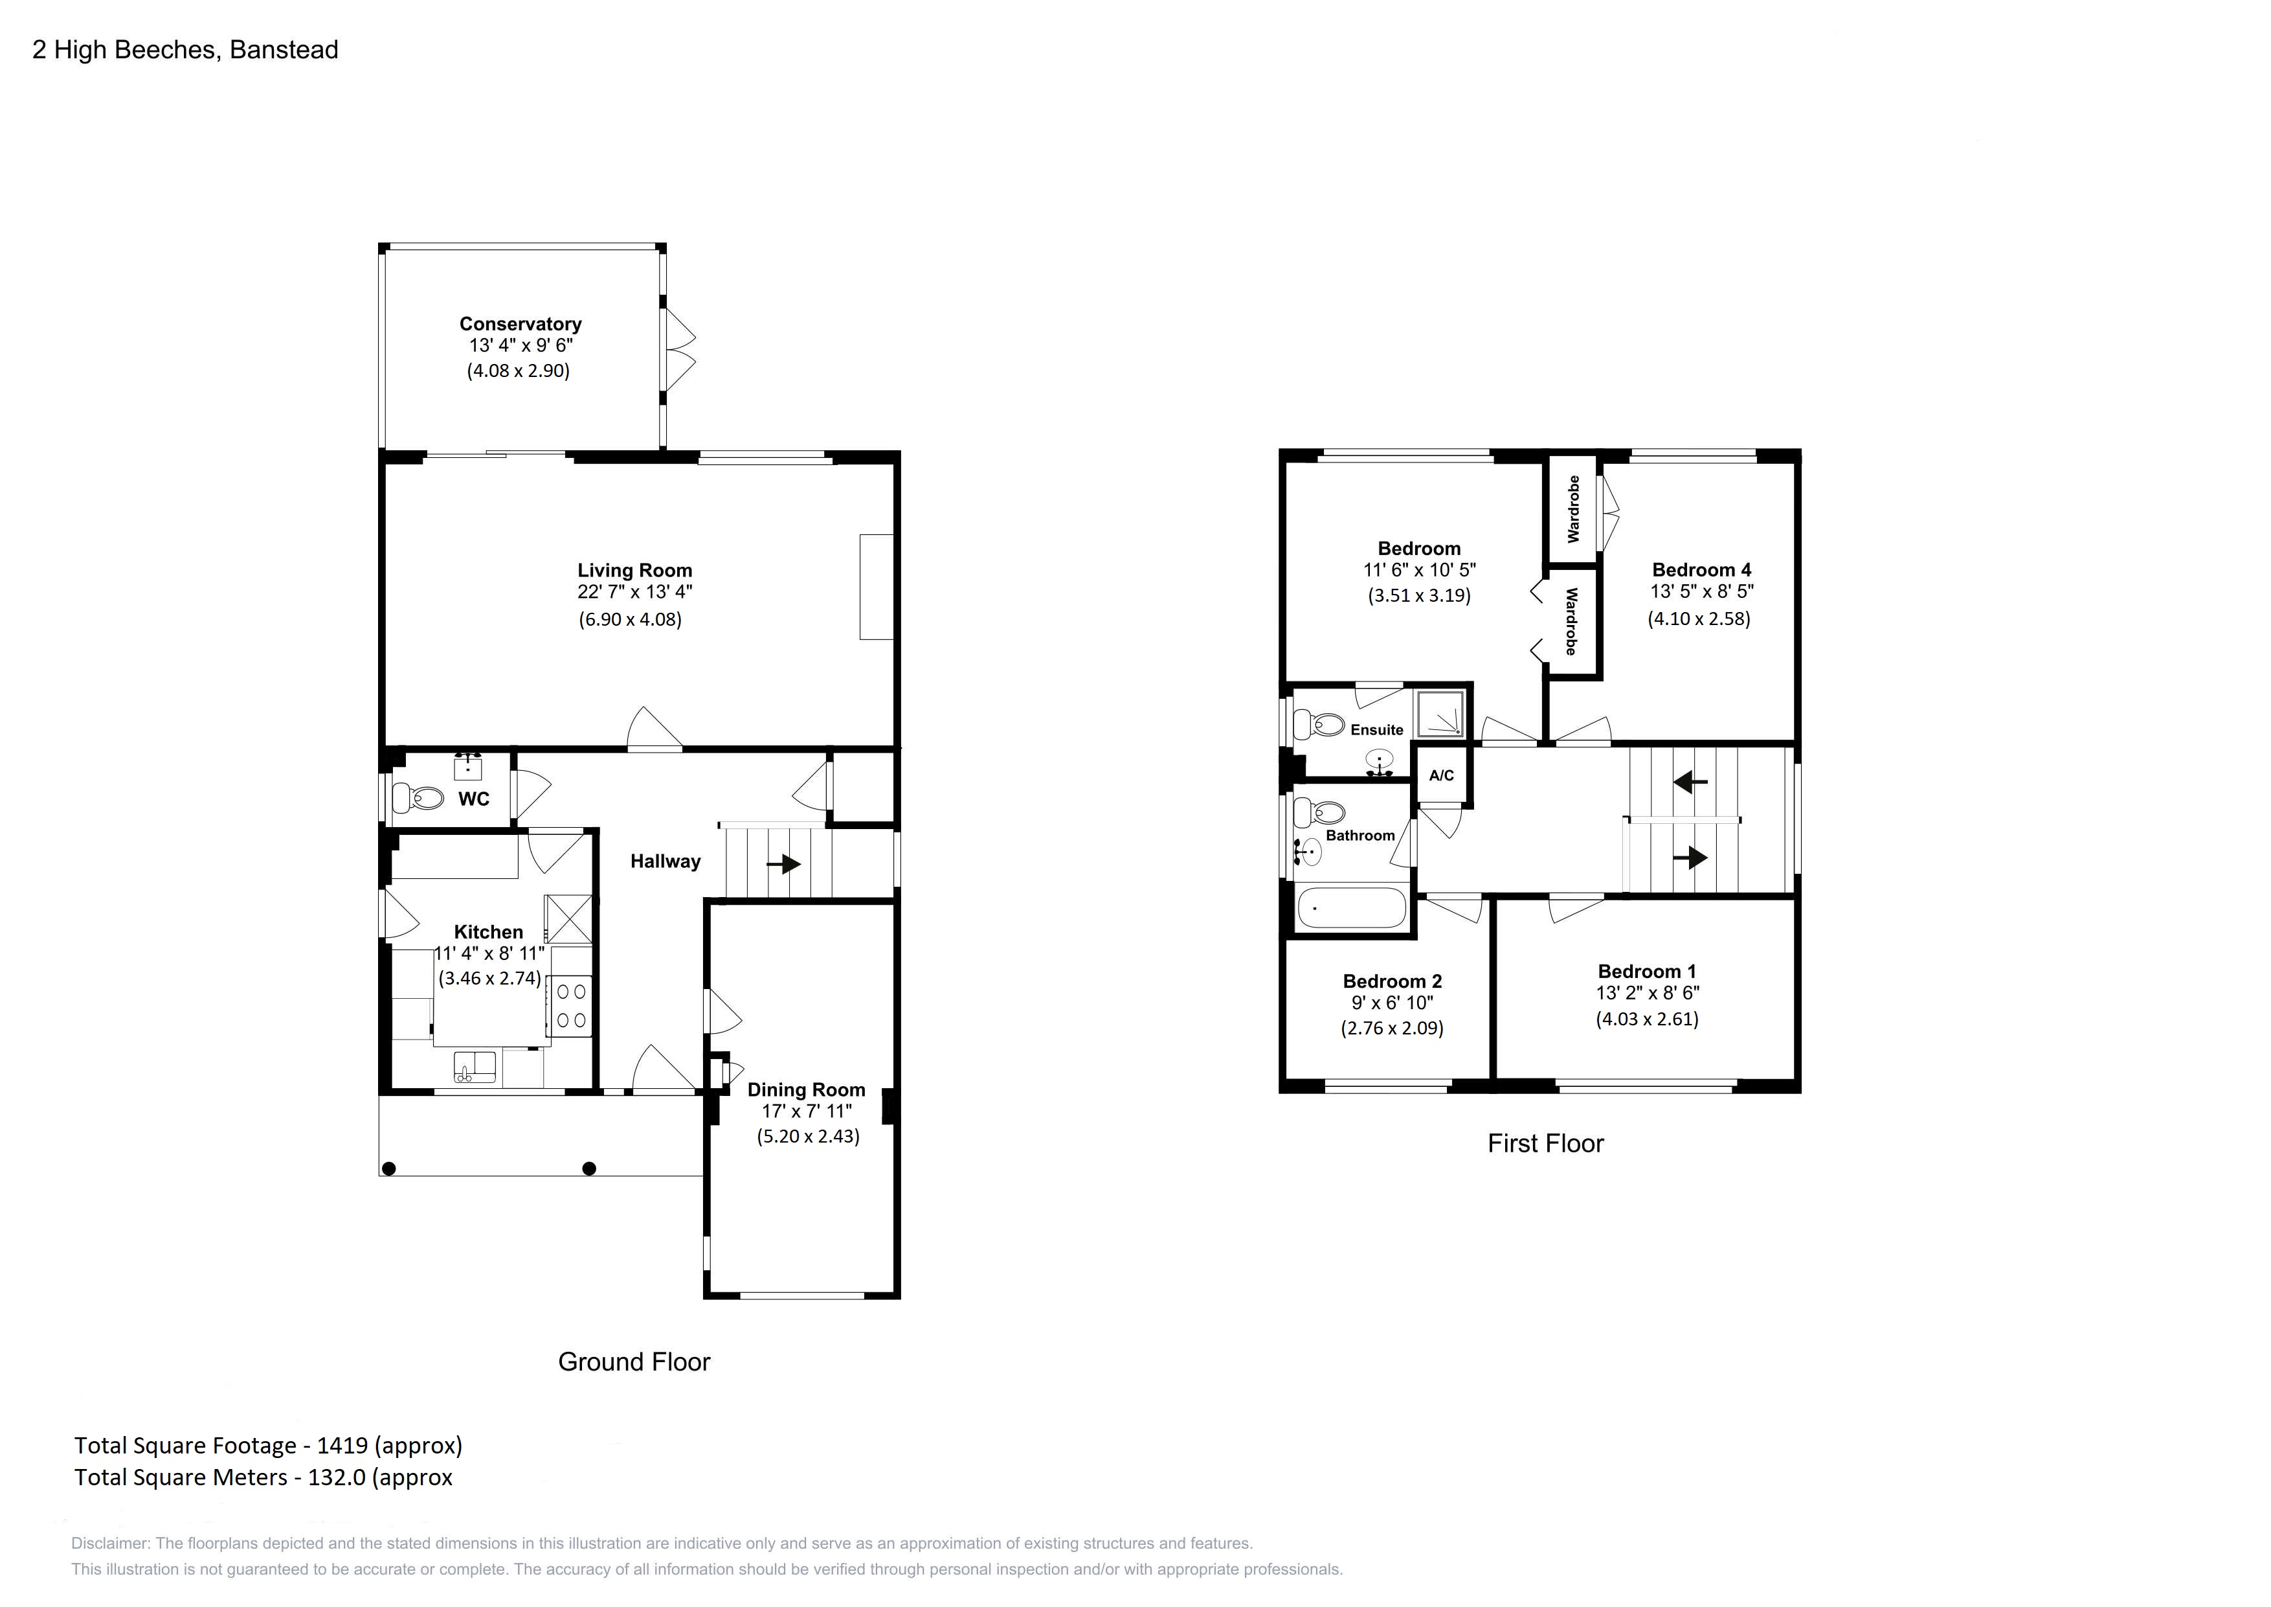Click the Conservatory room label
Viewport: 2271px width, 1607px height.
(520, 324)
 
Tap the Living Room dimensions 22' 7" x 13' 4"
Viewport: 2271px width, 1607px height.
(635, 593)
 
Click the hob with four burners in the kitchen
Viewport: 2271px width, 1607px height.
(571, 1005)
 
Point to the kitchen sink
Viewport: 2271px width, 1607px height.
(475, 1067)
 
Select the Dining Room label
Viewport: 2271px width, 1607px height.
(806, 1089)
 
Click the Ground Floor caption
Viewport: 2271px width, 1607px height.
(634, 1363)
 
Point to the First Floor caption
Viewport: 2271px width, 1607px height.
(1546, 1144)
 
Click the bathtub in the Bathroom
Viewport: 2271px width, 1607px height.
(1351, 907)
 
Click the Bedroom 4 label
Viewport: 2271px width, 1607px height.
(1701, 570)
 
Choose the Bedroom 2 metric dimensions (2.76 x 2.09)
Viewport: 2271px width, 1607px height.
(1392, 1028)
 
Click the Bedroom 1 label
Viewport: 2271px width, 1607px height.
(1647, 972)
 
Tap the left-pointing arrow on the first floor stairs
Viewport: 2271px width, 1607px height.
(1690, 782)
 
